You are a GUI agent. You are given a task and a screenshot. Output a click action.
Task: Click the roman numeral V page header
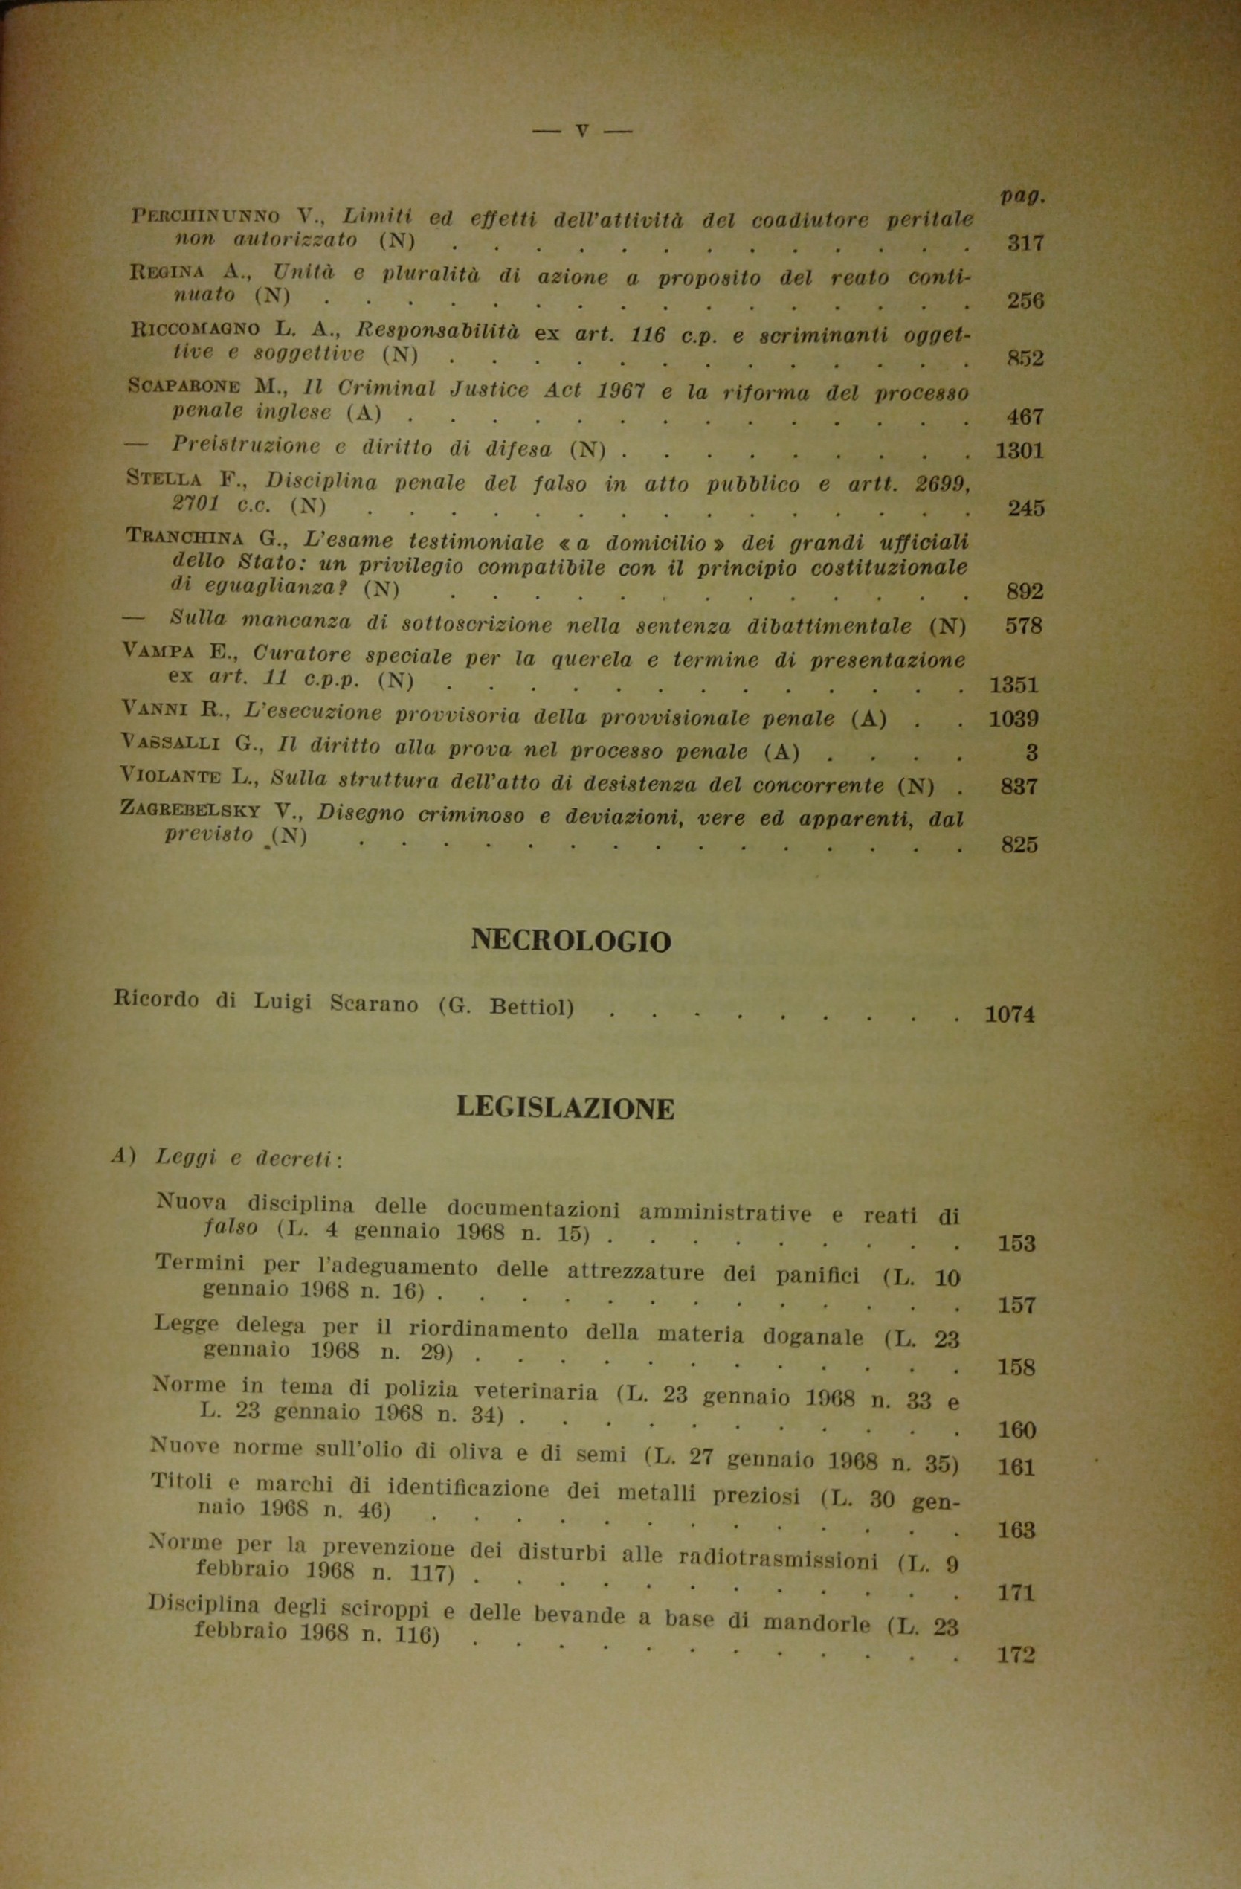[581, 131]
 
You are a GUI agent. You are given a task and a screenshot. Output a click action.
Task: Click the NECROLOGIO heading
[570, 941]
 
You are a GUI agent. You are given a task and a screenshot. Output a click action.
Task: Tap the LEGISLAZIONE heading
[565, 1108]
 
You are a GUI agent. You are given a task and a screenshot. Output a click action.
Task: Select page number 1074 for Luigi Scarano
[1009, 1014]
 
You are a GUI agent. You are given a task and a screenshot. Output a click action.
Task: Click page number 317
[1025, 243]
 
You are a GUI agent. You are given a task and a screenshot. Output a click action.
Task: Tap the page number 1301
[1019, 451]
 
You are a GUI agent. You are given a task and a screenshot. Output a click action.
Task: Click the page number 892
[1025, 591]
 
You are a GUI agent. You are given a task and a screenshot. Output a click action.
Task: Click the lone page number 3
[1031, 752]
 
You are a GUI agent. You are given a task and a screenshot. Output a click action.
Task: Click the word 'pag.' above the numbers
[1022, 196]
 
